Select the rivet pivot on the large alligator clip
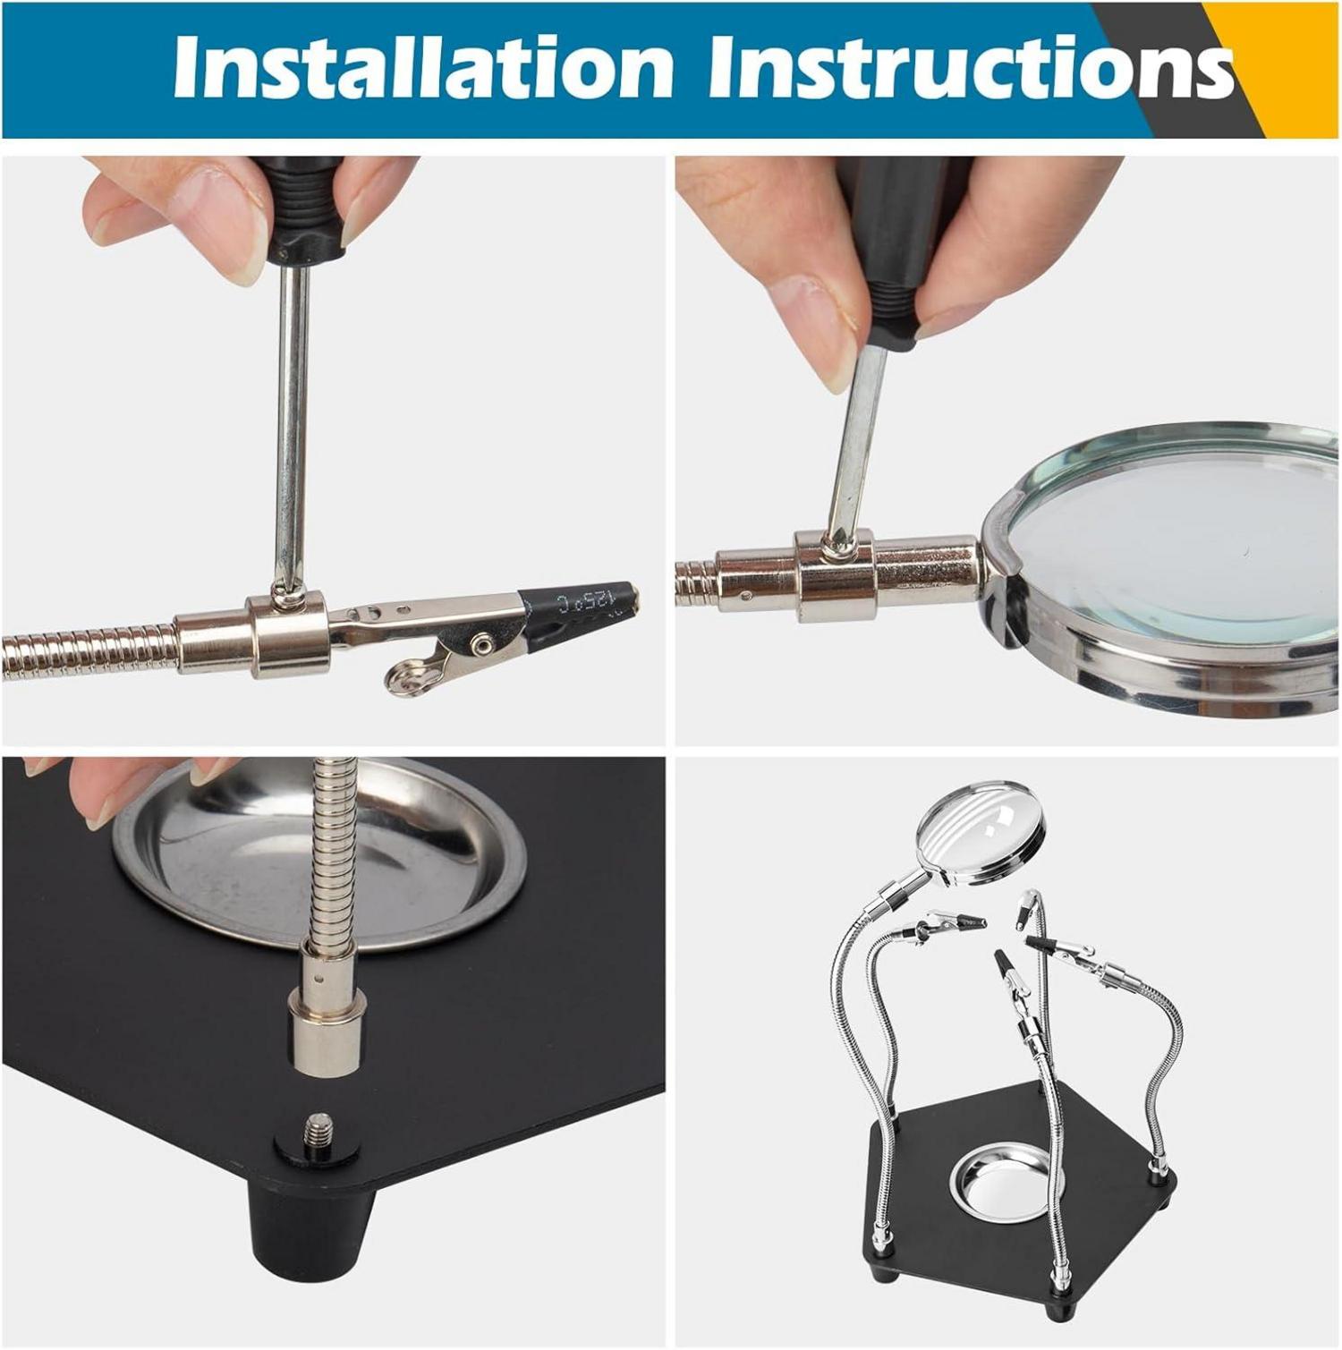(484, 641)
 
